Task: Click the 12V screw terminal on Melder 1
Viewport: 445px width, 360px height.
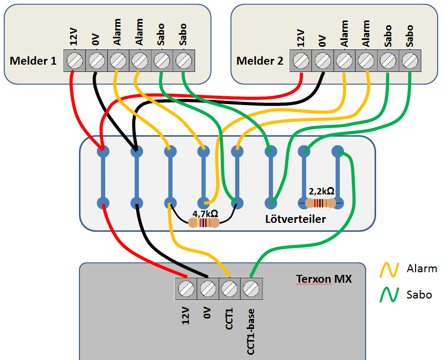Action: pos(74,60)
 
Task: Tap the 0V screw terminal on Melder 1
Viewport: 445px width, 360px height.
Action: pos(96,60)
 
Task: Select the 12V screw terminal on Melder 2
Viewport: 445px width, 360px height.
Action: pos(300,60)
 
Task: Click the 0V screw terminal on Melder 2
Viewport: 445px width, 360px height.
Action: pos(322,60)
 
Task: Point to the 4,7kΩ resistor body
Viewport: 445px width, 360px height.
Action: pos(204,223)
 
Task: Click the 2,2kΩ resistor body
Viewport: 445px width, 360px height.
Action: pos(320,203)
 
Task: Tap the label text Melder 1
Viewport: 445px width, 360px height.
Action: pos(33,61)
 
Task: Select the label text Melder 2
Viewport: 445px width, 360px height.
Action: pos(260,61)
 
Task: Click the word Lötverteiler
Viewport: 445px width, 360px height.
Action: pos(296,219)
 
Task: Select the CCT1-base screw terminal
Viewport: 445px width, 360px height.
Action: pos(251,288)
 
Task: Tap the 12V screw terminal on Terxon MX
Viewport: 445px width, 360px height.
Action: pos(185,288)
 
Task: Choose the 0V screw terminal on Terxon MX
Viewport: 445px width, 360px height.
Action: pos(207,288)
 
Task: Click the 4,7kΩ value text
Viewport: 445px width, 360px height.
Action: pos(206,213)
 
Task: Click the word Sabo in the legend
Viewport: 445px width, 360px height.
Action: pos(419,295)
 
